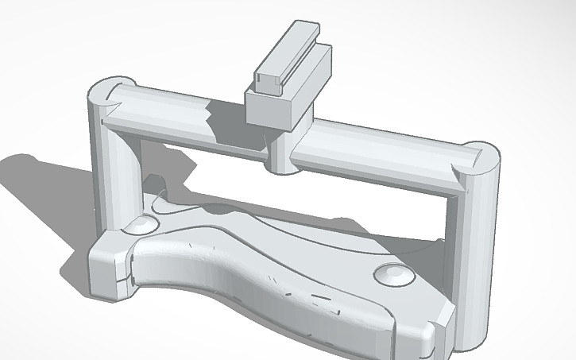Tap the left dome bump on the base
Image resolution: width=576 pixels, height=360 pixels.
[x=144, y=224]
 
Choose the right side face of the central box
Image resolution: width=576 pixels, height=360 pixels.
[x=306, y=103]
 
